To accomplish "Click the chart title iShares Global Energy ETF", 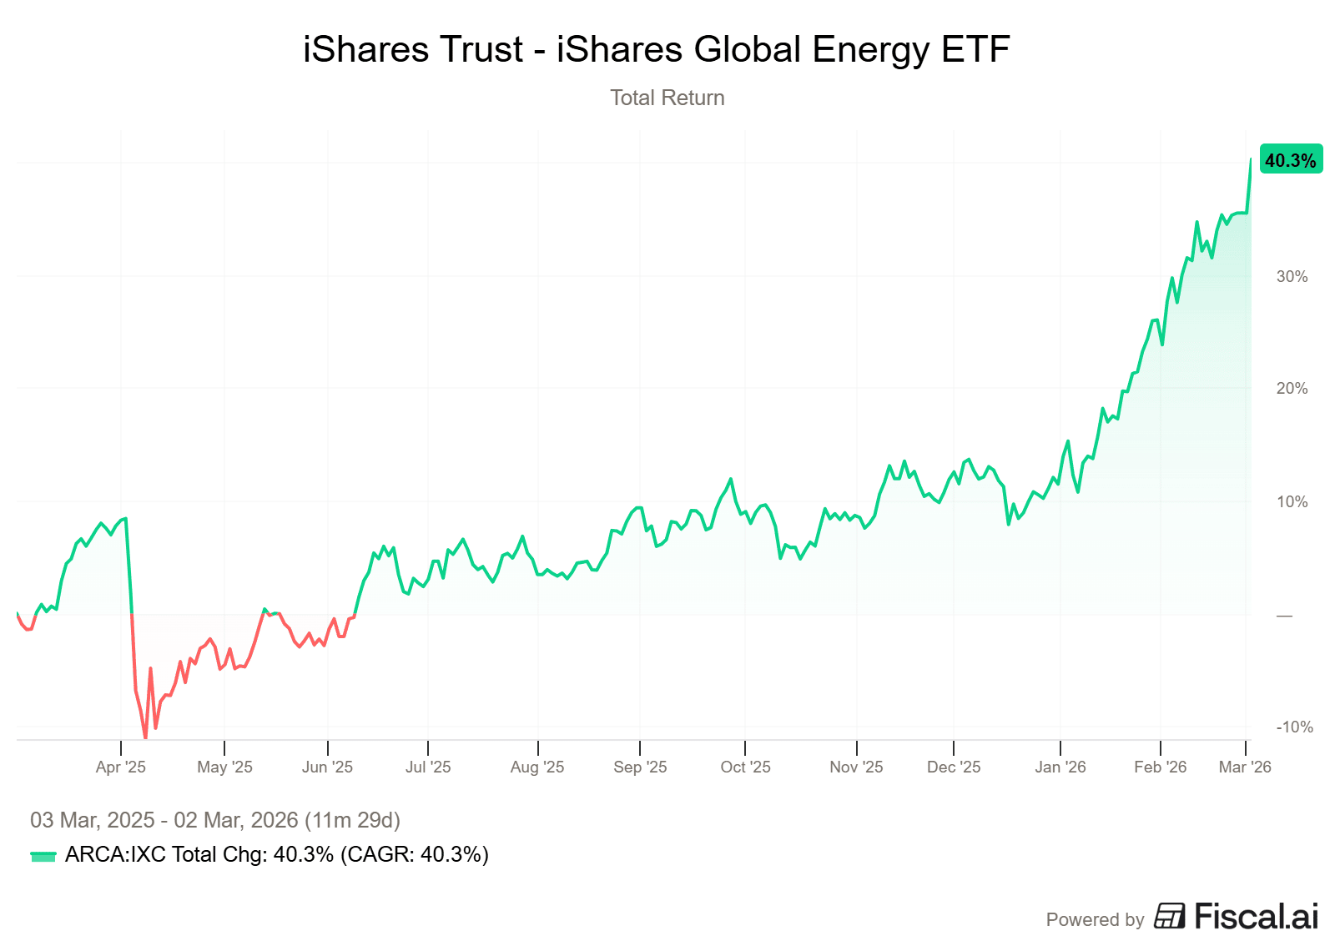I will [656, 49].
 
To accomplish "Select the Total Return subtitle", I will [667, 98].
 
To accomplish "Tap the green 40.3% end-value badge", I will [1290, 159].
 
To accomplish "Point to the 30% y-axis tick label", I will [1292, 277].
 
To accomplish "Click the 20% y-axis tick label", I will [1292, 389].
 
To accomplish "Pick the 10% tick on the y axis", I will [1292, 501].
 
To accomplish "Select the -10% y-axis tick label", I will [1294, 727].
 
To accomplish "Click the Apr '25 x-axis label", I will [121, 767].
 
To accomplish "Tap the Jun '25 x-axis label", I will [327, 767].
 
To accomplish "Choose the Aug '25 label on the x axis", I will [537, 767].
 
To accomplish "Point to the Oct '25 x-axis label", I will [745, 767].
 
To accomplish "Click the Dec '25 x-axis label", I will [954, 767].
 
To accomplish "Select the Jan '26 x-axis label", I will [1060, 767].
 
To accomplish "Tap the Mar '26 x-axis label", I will [1245, 767].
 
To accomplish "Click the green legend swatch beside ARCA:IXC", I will [43, 856].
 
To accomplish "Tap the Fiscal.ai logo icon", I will [1170, 916].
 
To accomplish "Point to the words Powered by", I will [1095, 919].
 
